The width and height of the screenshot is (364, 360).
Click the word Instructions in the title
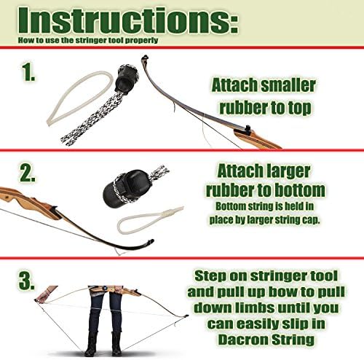[x=119, y=20]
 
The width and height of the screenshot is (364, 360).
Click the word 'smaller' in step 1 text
[x=285, y=85]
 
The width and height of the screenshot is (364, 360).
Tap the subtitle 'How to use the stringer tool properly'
[x=76, y=41]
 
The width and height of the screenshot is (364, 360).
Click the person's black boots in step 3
[x=103, y=342]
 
